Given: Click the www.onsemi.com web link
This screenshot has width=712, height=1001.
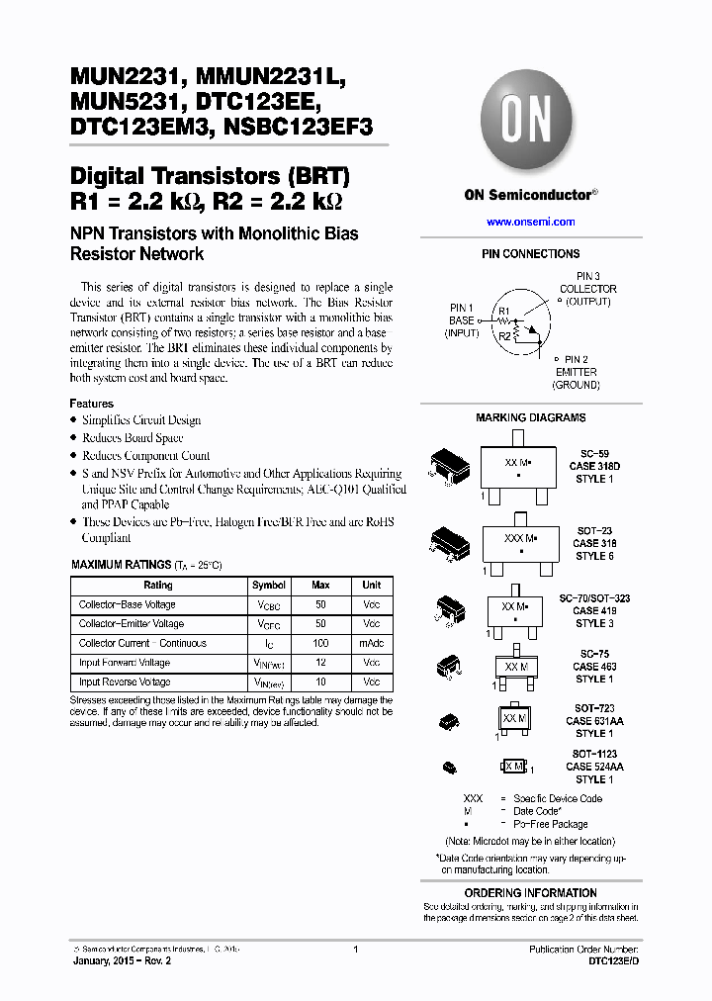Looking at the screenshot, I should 530,223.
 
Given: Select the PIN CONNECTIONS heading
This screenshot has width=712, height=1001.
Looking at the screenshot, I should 530,254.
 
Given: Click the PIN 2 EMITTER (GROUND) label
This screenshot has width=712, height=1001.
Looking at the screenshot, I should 576,372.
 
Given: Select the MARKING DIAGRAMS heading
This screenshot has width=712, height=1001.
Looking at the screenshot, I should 530,417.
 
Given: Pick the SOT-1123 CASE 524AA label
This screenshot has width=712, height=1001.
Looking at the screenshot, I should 594,767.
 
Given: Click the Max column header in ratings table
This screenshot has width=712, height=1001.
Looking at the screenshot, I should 320,586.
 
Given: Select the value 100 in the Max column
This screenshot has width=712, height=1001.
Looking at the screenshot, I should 320,643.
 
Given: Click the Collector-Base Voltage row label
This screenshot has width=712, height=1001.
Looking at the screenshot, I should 128,604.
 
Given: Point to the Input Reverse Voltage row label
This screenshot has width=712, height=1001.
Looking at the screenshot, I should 125,682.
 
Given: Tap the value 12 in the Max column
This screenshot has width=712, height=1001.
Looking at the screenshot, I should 320,663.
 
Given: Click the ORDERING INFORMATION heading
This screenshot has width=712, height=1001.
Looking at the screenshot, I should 530,893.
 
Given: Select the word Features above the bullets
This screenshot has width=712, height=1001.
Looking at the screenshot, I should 91,404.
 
